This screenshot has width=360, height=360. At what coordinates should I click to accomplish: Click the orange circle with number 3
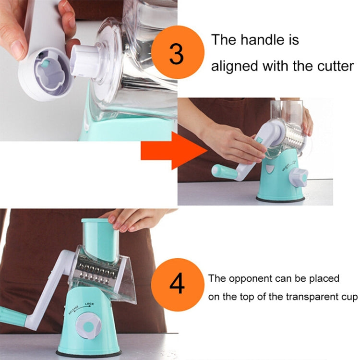178,53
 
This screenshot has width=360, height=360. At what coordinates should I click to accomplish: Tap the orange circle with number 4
178,285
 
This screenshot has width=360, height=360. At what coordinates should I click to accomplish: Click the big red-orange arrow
174,151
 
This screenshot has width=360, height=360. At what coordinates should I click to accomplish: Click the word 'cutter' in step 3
336,66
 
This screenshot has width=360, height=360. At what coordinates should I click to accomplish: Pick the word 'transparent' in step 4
306,297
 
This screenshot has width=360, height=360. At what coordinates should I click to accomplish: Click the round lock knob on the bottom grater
88,326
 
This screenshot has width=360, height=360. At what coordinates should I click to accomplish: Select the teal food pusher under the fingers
100,239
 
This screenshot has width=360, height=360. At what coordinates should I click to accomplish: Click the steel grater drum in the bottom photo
96,270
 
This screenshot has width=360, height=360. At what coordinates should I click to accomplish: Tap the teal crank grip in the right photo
224,172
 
